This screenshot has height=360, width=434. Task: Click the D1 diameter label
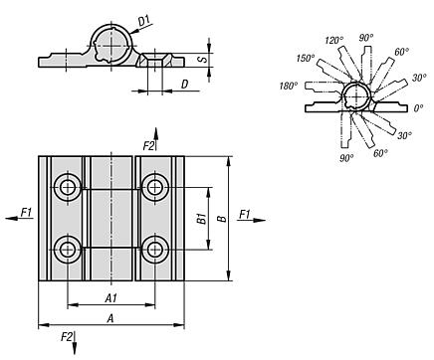[x=144, y=21]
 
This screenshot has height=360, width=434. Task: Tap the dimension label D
[x=184, y=85]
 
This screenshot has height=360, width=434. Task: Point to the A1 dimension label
[x=111, y=298]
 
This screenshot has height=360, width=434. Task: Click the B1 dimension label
[x=202, y=219]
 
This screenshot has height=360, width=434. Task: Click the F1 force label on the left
[x=26, y=212]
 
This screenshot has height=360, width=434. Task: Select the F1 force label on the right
[x=245, y=215]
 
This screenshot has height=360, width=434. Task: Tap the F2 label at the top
[x=148, y=145]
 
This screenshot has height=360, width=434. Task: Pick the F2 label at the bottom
[x=67, y=337]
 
